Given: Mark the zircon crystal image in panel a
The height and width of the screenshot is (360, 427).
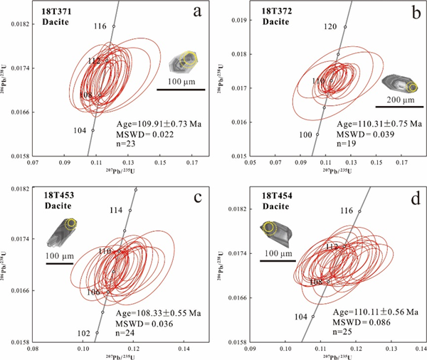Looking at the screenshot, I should pyautogui.click(x=184, y=63).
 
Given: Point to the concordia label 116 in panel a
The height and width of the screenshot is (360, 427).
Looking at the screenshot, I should pyautogui.click(x=100, y=26).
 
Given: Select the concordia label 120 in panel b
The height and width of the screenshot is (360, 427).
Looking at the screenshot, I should pyautogui.click(x=330, y=26).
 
